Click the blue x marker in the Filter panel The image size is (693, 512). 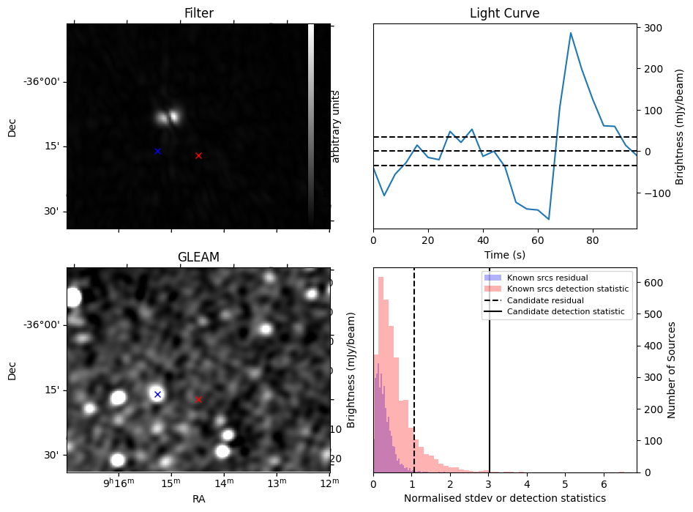pos(157,151)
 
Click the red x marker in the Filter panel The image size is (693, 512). pos(198,155)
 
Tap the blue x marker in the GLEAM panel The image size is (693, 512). pos(157,394)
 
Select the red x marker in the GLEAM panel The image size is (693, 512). pos(198,399)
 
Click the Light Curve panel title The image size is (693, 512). pos(504,14)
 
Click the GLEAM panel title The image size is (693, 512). pos(198,257)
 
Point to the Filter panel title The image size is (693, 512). pos(198,14)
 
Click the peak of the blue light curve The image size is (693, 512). pos(571,33)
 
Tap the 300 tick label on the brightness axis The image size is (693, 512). pos(654,28)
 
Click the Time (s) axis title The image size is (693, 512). pos(504,254)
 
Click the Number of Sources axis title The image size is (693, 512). pos(672,369)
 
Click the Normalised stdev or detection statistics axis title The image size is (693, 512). pos(504,498)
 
